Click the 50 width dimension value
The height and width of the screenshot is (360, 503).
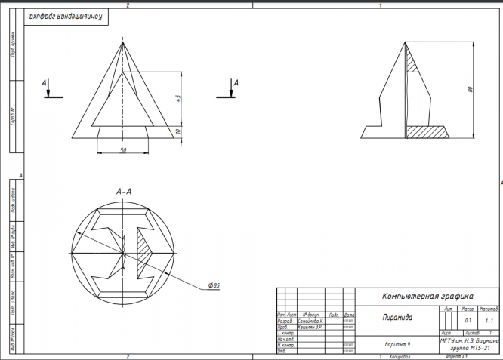tap(123, 150)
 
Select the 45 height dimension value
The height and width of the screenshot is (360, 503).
tap(178, 100)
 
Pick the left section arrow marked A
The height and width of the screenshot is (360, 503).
tap(47, 88)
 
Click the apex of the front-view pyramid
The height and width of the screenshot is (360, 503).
tap(122, 42)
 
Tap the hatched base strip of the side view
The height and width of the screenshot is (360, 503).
tap(427, 131)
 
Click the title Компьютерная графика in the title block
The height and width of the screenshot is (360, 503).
tap(427, 296)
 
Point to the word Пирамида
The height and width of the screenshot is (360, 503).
tap(397, 318)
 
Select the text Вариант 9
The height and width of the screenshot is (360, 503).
tap(397, 344)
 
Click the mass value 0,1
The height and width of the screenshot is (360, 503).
tap(468, 321)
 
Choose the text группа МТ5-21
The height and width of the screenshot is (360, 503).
tap(470, 349)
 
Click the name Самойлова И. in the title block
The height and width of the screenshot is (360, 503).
tap(310, 321)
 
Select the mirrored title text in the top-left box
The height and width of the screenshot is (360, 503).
tap(64, 16)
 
